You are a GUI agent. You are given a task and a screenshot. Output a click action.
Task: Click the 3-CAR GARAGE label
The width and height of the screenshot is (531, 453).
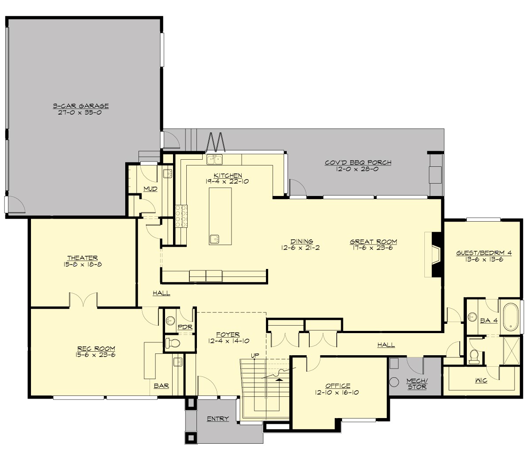(x=81, y=106)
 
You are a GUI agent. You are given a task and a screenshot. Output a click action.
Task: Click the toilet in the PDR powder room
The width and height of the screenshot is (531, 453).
(x=172, y=342)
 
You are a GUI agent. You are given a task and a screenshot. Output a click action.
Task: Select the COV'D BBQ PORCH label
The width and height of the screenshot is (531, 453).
(x=358, y=162)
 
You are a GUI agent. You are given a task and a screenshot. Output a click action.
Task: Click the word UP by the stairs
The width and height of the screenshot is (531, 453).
(x=254, y=356)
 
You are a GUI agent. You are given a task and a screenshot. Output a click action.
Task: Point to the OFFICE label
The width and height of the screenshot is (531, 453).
(x=338, y=386)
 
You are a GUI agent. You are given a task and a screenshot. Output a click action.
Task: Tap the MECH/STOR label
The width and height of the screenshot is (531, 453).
(x=417, y=384)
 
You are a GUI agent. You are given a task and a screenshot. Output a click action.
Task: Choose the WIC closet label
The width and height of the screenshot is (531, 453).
(x=481, y=380)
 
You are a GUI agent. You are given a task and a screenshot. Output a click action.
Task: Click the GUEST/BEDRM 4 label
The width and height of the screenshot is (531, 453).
(x=484, y=253)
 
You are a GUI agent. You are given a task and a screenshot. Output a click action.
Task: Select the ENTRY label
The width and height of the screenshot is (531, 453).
(x=218, y=418)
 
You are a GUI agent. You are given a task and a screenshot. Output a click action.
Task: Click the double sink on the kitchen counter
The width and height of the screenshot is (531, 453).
(x=214, y=159)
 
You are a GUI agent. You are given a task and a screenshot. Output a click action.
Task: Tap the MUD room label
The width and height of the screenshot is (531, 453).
(x=150, y=189)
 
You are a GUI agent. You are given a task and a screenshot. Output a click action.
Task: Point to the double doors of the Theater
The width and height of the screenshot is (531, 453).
(x=83, y=300)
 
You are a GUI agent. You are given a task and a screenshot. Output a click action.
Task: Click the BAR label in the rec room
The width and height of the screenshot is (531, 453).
(x=162, y=386)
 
